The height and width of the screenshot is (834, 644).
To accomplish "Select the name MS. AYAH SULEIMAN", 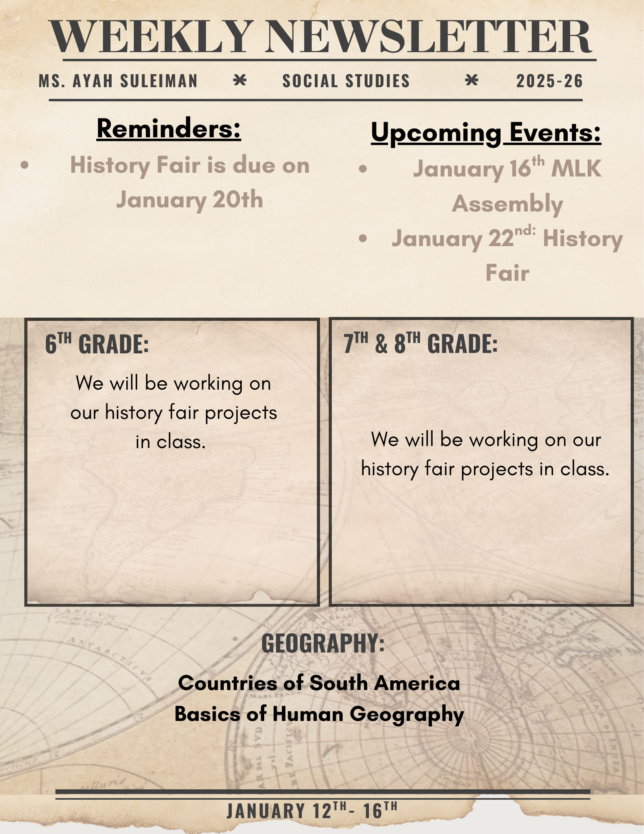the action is click(x=118, y=81).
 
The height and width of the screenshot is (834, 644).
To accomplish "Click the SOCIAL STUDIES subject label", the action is click(x=346, y=81).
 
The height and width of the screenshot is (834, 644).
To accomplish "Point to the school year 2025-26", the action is click(x=549, y=81).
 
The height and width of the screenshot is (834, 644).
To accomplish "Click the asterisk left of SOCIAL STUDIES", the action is click(x=240, y=80).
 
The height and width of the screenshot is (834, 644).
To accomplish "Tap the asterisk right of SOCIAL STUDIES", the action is click(x=471, y=80).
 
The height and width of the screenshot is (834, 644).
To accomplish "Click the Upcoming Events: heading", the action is click(x=486, y=133).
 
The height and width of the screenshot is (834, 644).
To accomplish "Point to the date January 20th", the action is click(x=190, y=200).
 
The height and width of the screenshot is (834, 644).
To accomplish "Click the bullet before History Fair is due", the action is click(x=25, y=165).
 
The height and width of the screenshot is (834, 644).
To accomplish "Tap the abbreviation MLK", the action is click(x=576, y=169).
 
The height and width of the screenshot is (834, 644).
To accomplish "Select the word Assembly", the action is click(x=507, y=204).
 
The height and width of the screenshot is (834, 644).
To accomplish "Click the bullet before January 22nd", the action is click(x=363, y=239).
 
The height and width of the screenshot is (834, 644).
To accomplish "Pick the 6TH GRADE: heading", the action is click(x=97, y=344).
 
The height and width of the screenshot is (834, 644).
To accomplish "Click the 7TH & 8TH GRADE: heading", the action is click(x=421, y=343).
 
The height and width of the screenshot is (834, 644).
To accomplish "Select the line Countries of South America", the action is click(x=319, y=683).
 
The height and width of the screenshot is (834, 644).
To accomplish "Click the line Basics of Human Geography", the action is click(x=319, y=714).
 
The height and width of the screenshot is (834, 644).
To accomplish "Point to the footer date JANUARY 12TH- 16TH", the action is click(x=312, y=810).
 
